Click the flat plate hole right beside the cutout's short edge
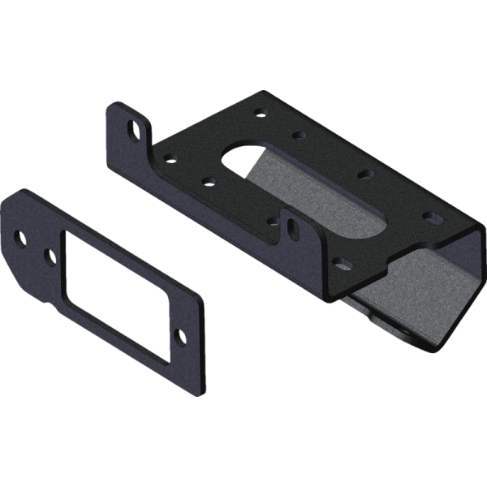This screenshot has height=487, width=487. point(50,257)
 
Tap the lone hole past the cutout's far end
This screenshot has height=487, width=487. point(179,335)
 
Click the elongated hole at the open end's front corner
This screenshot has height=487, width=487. point(343,263)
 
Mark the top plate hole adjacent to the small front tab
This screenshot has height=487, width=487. point(273,221)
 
